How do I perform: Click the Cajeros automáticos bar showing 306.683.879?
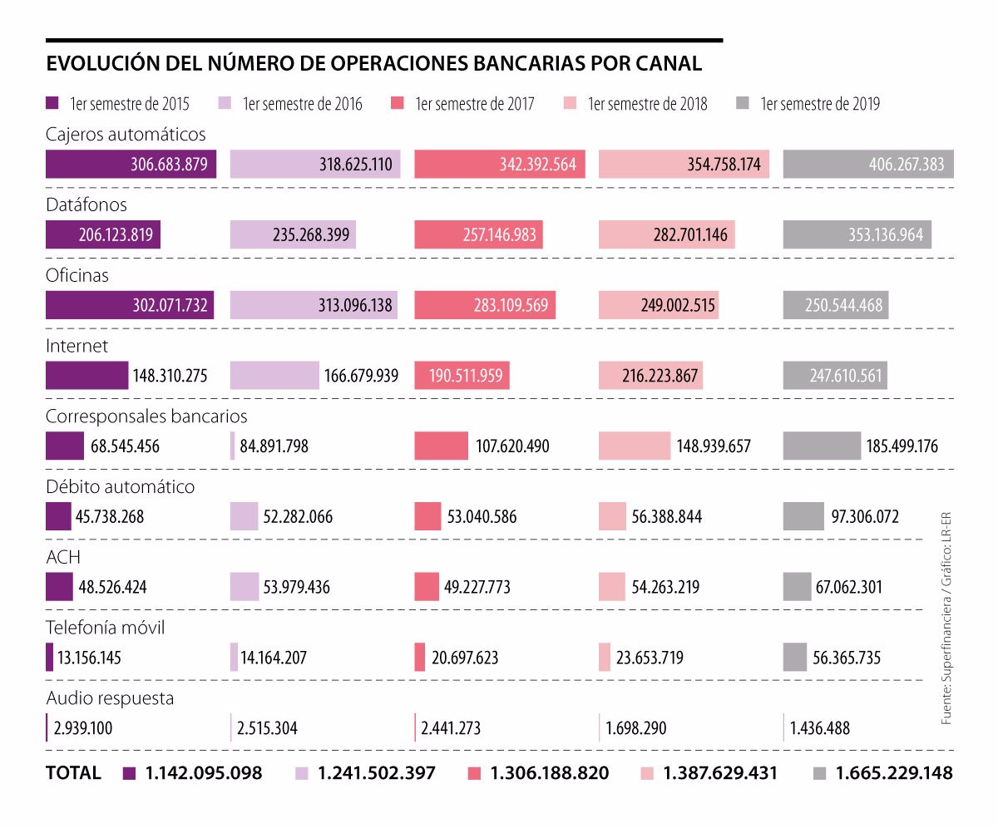(x=131, y=165)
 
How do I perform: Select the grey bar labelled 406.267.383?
(x=868, y=165)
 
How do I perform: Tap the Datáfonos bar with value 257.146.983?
(x=478, y=235)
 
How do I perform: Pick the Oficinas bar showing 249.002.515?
(x=659, y=305)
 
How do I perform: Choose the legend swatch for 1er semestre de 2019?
(x=744, y=103)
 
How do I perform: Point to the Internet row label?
(x=77, y=345)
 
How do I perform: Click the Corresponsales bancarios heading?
(x=146, y=416)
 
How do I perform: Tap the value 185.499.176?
(x=902, y=446)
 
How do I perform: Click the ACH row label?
(x=63, y=557)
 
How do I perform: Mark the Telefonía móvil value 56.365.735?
(x=847, y=658)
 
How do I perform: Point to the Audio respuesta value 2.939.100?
(x=83, y=729)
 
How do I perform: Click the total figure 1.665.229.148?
(x=894, y=773)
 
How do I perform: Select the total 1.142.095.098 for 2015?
(x=204, y=773)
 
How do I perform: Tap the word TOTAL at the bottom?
(x=73, y=773)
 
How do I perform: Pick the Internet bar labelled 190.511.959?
(x=462, y=376)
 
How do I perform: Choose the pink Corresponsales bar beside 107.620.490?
(x=442, y=446)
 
